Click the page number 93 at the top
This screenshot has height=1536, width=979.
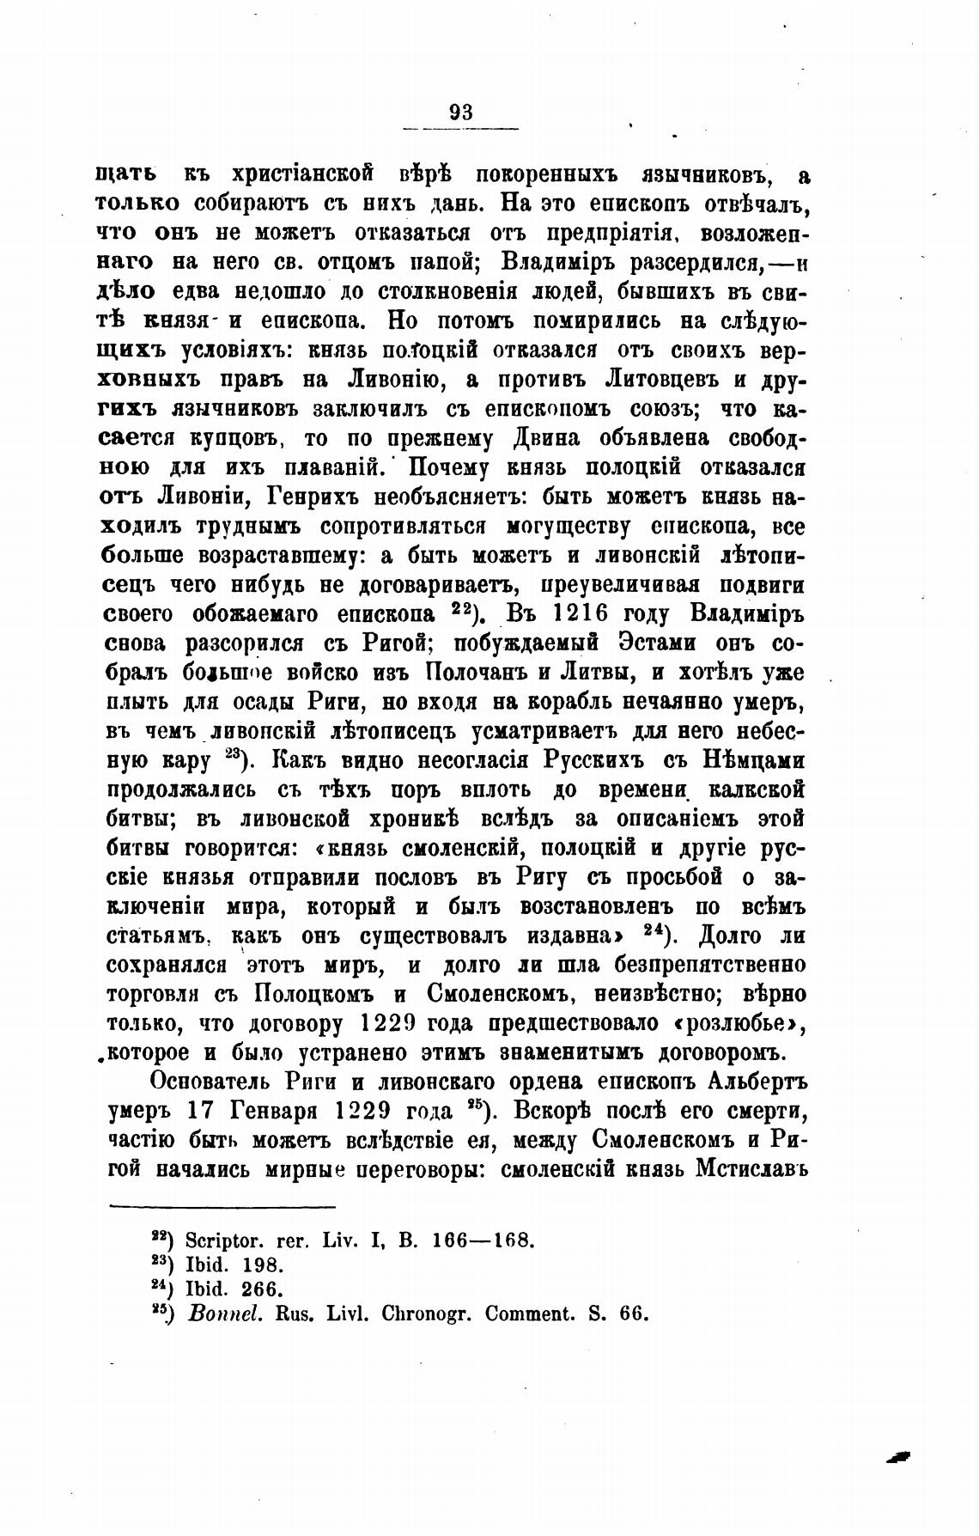coord(461,113)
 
